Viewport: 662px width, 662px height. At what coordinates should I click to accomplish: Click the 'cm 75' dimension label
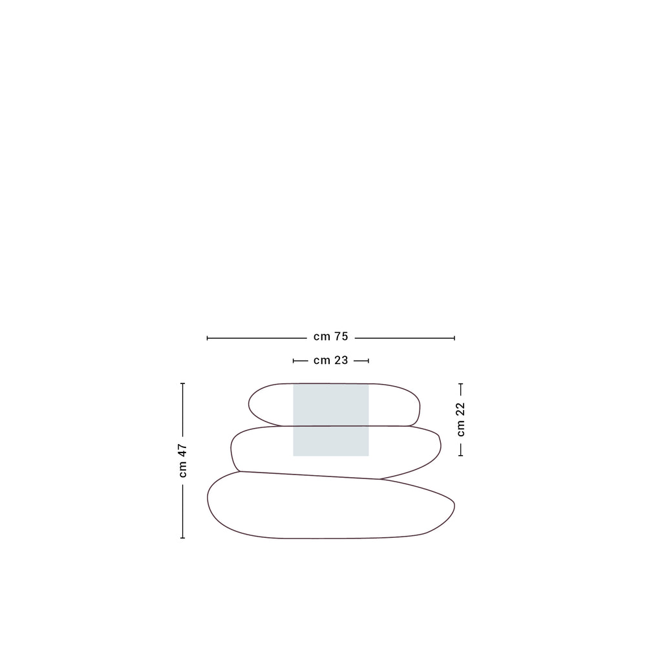pos(330,336)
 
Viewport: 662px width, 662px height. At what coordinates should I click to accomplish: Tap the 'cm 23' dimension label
pos(330,360)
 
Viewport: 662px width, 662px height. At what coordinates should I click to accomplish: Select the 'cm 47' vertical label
pos(182,460)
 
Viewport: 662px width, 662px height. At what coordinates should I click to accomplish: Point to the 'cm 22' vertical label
pos(460,420)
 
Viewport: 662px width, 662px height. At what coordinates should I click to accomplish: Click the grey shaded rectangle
pos(331,420)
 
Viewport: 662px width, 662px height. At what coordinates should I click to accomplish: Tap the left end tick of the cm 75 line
pos(208,337)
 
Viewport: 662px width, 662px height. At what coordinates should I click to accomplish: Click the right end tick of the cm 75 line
pos(454,337)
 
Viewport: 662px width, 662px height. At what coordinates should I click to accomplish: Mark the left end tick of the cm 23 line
pos(294,361)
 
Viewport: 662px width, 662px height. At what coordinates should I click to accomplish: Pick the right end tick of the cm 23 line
pos(368,361)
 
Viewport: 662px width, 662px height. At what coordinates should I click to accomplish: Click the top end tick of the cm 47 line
pos(182,383)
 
